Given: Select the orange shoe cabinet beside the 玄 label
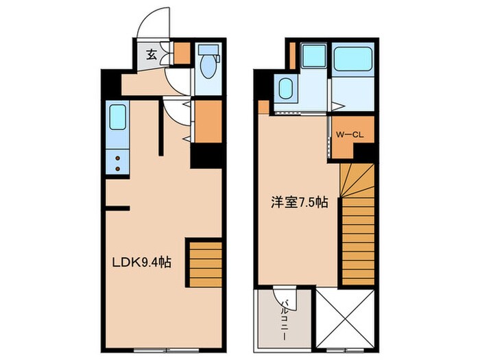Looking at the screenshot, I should pos(182,53).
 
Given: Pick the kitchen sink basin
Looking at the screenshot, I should pos(118,117).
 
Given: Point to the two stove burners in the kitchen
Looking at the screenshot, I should pos(118,162).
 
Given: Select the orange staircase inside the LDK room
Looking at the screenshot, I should pos(205,263).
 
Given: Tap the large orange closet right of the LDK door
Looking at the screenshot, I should pos(208,121).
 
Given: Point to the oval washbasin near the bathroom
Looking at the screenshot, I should pos(285,88).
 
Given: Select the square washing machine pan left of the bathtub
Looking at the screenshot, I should pos(313,56).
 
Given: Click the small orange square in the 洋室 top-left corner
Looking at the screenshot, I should pos(264,107).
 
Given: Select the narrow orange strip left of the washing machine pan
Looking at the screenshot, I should pos(291,56).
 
